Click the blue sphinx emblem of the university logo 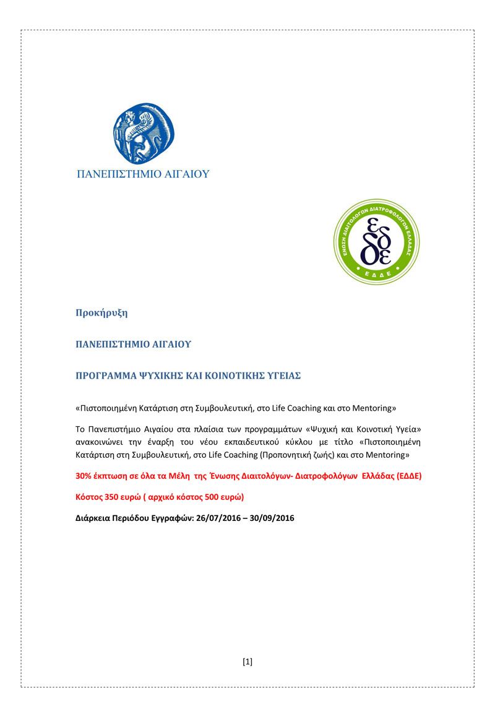click(143, 132)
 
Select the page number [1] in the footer click(247, 661)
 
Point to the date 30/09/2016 click(270, 518)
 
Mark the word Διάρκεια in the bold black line click(93, 518)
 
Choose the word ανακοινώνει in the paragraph click(98, 442)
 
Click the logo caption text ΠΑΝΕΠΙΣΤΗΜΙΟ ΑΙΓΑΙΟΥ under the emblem click(143, 174)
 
